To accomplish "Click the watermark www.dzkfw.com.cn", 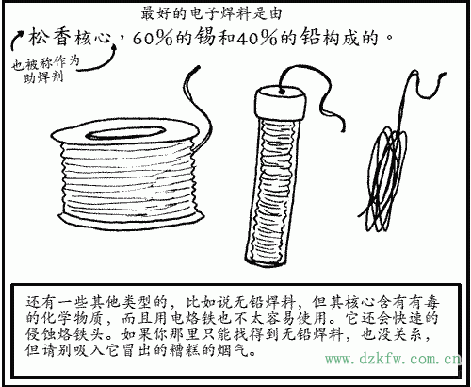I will click(x=391, y=360).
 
